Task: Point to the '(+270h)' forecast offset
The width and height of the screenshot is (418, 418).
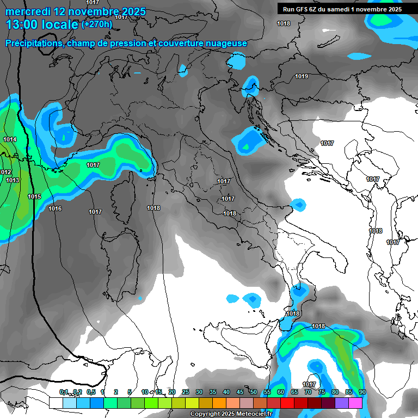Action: tap(97, 24)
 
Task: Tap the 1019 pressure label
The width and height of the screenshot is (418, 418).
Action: tap(302, 77)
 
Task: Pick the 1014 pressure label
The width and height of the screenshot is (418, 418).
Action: tap(10, 140)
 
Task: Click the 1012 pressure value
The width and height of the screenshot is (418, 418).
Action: tap(5, 172)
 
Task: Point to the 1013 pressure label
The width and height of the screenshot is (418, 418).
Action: tap(13, 180)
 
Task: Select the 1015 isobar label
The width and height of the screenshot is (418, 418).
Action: tap(34, 196)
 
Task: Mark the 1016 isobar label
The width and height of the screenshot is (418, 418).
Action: tap(55, 209)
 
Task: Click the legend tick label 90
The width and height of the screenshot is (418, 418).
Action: tap(362, 392)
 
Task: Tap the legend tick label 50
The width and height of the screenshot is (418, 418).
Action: tap(254, 392)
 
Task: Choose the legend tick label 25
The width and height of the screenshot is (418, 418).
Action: tap(186, 392)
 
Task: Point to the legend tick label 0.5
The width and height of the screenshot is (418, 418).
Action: tap(90, 392)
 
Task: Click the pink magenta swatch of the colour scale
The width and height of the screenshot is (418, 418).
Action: tap(355, 403)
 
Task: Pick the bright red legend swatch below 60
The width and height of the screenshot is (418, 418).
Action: tap(287, 403)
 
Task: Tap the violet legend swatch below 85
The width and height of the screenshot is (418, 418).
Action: tap(342, 403)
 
